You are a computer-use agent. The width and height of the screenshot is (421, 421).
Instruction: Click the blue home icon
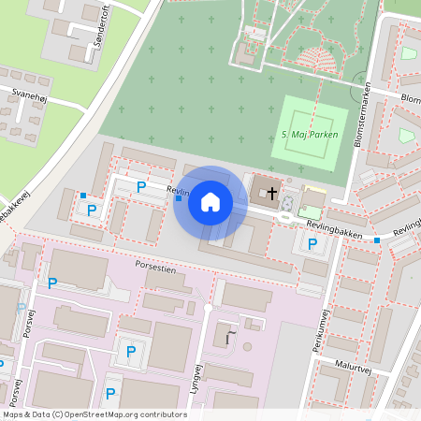210,202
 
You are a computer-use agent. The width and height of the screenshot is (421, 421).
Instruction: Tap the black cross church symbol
272,194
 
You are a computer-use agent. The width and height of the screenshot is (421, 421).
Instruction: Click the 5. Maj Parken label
310,135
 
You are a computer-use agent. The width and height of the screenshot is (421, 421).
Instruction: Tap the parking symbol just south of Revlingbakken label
312,245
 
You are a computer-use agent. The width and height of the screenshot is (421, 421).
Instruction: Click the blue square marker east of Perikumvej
377,240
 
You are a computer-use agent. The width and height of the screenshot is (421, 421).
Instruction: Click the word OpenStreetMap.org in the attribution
109,414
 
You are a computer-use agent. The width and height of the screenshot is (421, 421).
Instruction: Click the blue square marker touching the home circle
179,197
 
